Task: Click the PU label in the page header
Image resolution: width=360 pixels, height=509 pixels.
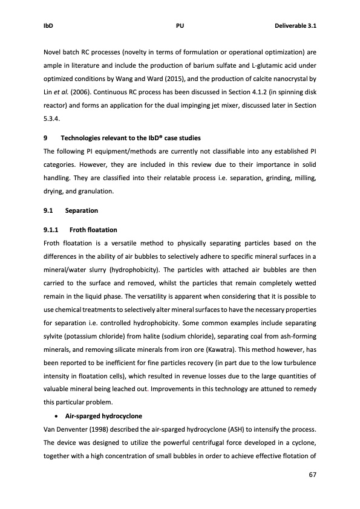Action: (x=180, y=26)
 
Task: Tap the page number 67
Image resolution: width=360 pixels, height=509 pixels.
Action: (x=312, y=475)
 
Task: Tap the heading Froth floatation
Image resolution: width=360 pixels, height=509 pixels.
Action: (x=93, y=230)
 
